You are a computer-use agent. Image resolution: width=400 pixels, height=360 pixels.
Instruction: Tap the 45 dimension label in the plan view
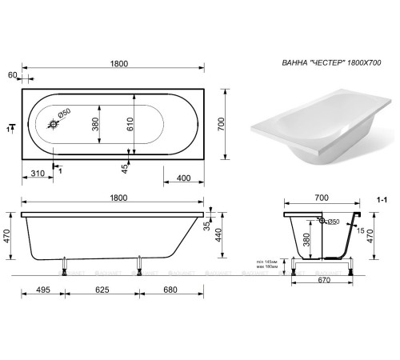(124, 168)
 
